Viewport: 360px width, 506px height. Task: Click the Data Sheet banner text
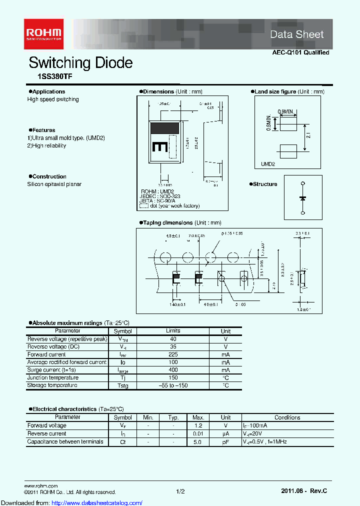[296, 34]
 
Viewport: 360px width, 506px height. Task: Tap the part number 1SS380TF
[50, 77]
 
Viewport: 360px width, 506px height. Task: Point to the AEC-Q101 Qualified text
[300, 52]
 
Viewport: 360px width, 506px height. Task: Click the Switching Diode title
[80, 63]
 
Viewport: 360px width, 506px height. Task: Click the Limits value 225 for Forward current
[173, 354]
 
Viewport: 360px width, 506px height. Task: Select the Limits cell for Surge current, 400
[173, 370]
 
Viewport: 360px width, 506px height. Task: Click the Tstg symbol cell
[122, 386]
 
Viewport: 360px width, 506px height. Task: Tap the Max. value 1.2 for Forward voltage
[198, 425]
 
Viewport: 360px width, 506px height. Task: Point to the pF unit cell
[225, 441]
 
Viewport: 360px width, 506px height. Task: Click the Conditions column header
[287, 417]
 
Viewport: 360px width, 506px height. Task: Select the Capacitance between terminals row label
[65, 441]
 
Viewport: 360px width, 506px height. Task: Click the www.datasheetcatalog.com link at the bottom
[71, 502]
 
